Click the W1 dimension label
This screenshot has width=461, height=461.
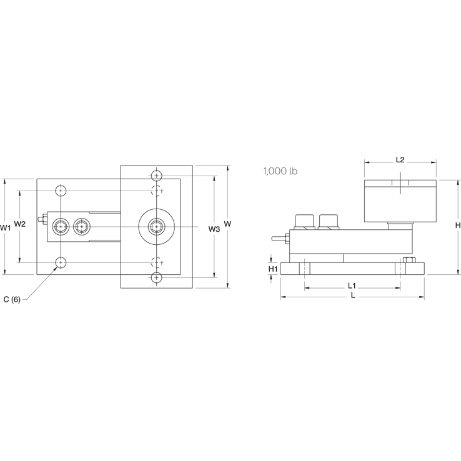coord(6,228)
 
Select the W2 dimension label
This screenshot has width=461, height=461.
coord(20,224)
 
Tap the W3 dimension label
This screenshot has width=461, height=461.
coord(214,229)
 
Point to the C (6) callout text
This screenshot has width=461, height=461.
coord(12,300)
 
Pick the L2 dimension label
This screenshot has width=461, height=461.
coord(400,160)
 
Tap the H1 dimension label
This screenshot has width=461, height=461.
coord(272,269)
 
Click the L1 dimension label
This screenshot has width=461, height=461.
coord(352,285)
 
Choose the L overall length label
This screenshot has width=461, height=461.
coord(353,295)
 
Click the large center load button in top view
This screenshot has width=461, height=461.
coord(156,226)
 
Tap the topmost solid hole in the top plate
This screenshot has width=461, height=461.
coord(156,175)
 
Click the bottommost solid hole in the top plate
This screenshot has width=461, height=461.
coord(156,277)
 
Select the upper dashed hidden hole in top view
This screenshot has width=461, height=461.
coord(156,190)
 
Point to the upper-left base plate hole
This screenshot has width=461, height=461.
coord(61,190)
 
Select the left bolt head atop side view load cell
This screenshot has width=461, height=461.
coord(303,220)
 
